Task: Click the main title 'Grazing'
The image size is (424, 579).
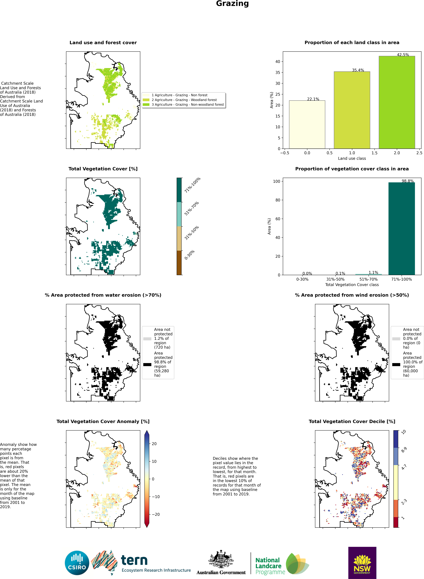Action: pyautogui.click(x=232, y=4)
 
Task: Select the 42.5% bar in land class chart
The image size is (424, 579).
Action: pyautogui.click(x=397, y=102)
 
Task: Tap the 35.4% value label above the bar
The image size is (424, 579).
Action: pyautogui.click(x=358, y=70)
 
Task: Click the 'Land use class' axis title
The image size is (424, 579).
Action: pyautogui.click(x=352, y=158)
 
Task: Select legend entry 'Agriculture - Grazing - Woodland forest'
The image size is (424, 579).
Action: pyautogui.click(x=184, y=100)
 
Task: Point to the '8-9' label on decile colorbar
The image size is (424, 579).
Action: pyautogui.click(x=404, y=450)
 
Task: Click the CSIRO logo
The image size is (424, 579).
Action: pyautogui.click(x=77, y=563)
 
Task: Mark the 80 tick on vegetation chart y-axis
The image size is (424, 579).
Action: pyautogui.click(x=278, y=200)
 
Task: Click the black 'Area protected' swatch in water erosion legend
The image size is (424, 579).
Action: pyautogui.click(x=147, y=364)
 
